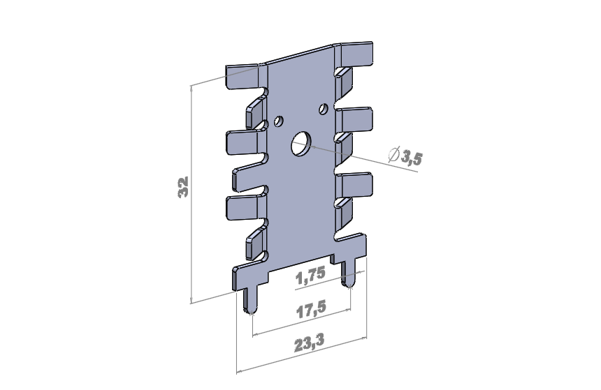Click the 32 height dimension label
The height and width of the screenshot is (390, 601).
[183, 187]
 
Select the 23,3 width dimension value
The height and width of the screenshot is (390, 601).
[310, 343]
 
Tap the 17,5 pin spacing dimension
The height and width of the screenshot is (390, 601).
[312, 309]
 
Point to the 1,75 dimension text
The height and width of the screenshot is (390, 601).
[310, 276]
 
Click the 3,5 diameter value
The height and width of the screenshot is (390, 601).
[412, 157]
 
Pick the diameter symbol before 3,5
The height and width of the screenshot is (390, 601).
[393, 154]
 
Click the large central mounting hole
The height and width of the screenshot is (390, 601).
[301, 144]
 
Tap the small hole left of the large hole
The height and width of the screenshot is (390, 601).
[279, 121]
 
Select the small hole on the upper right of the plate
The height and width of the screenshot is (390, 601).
[324, 109]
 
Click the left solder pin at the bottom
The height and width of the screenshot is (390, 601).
[250, 301]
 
